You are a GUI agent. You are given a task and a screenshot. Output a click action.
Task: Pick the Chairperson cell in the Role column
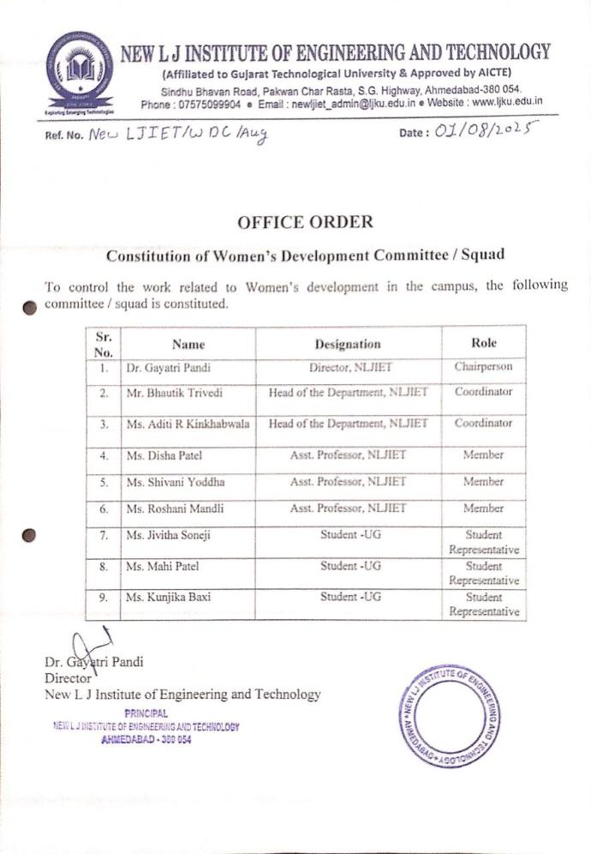point(483,367)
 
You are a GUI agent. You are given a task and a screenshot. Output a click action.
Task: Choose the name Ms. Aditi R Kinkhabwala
point(188,424)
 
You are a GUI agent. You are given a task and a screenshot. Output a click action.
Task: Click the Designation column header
point(347,344)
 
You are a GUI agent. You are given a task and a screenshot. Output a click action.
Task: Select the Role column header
point(484,343)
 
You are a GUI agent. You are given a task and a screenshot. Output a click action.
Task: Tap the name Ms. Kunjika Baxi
point(168,597)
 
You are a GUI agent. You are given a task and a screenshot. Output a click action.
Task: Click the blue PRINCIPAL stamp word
point(146,713)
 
